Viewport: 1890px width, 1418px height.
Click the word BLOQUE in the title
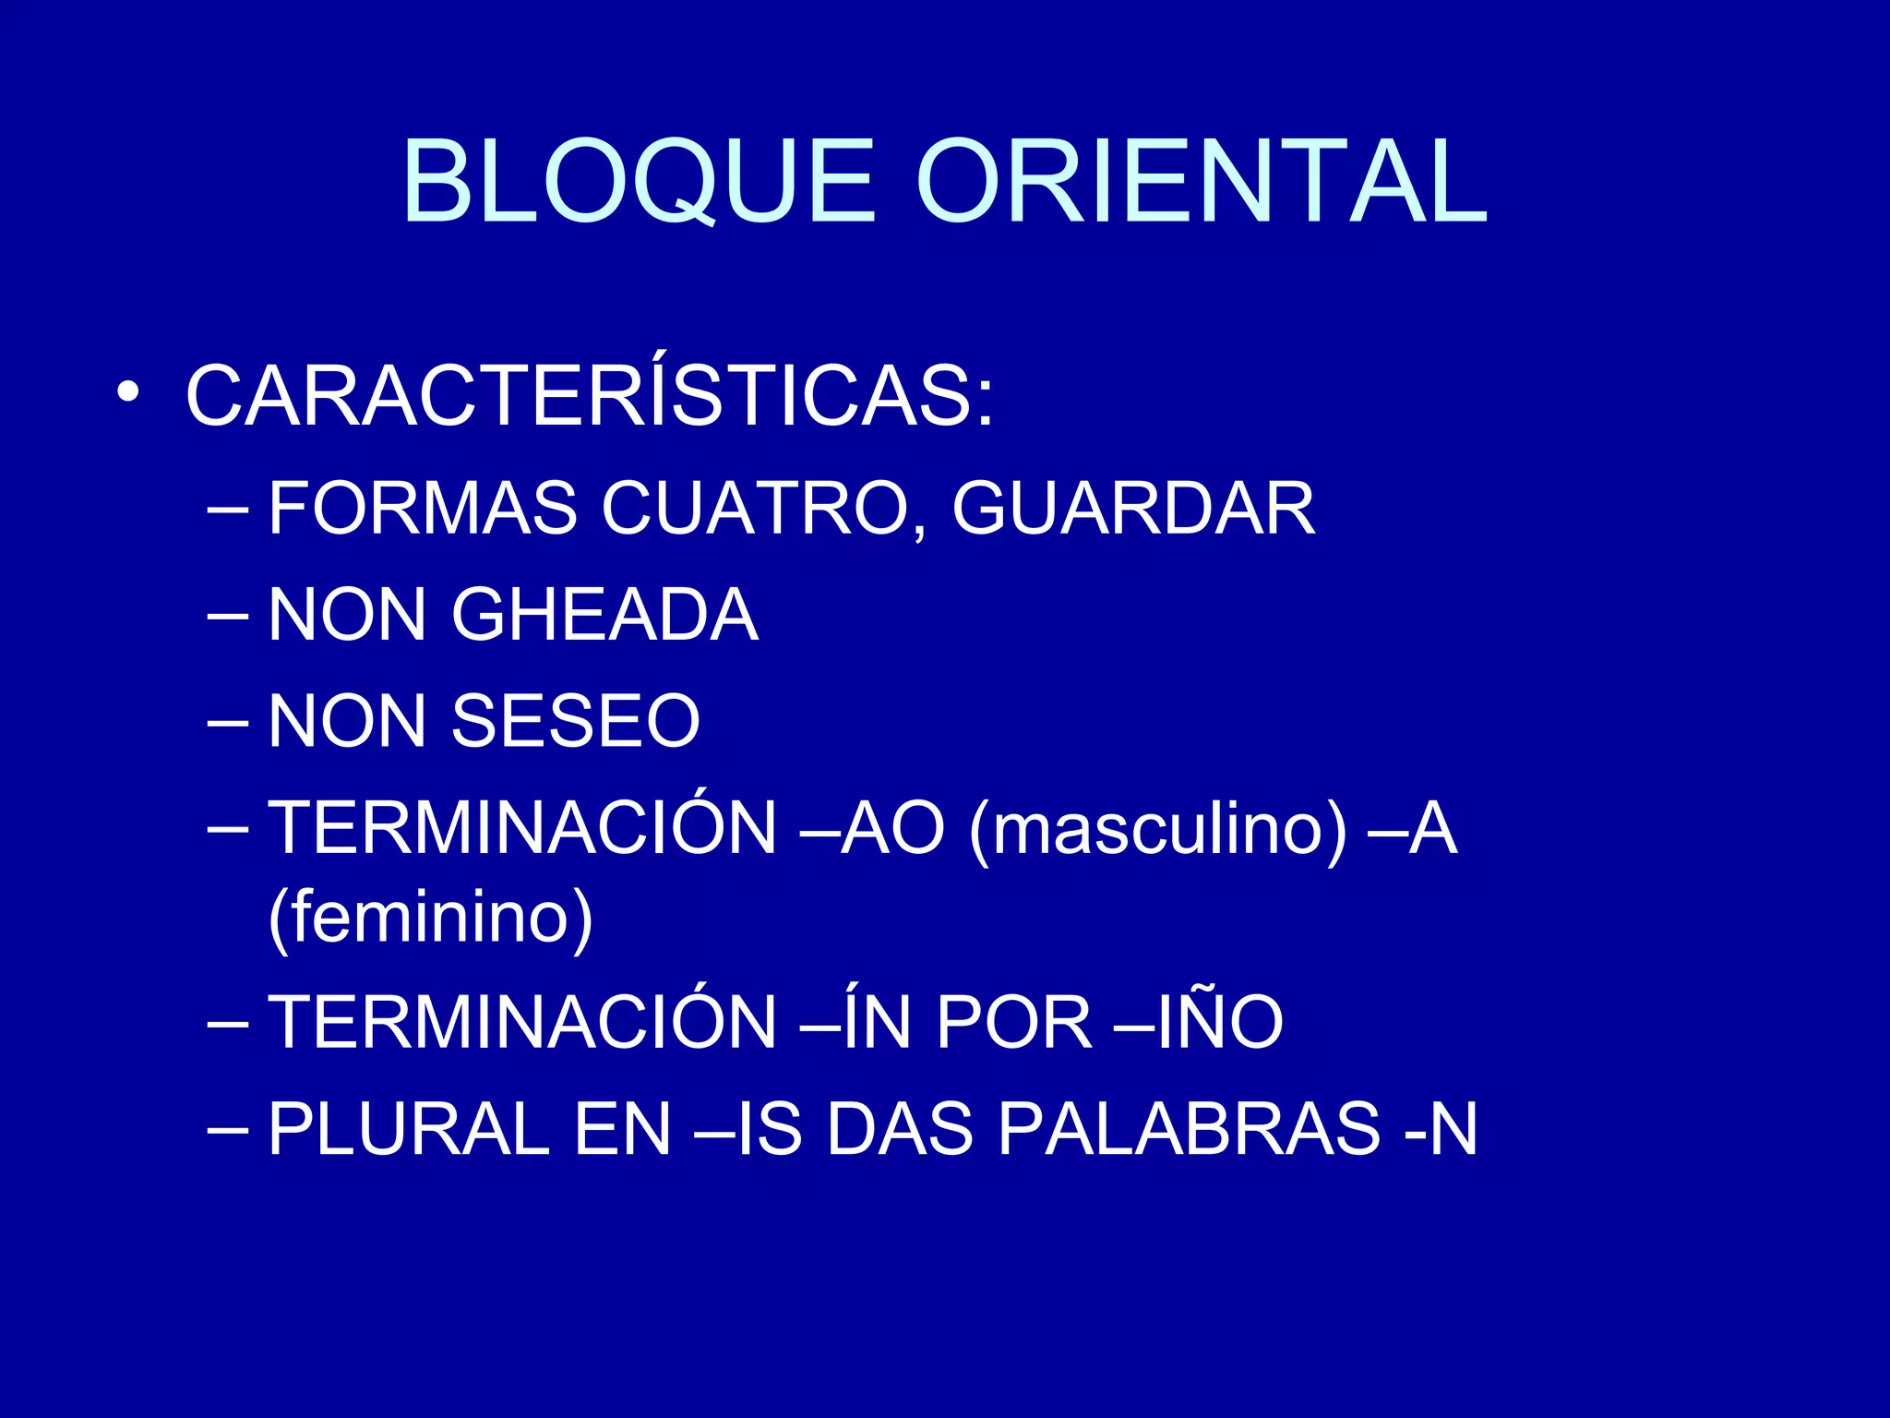click(638, 182)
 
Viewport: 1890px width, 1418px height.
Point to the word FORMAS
click(422, 508)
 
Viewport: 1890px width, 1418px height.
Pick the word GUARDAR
click(1133, 508)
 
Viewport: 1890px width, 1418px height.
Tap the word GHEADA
click(604, 615)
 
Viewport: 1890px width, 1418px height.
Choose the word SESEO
click(576, 721)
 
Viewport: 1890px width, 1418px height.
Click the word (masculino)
click(1158, 828)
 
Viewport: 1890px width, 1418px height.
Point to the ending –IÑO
click(1199, 1022)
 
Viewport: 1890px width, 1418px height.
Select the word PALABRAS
click(1189, 1128)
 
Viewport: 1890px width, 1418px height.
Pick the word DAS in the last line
click(900, 1128)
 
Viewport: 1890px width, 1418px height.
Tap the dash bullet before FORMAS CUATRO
click(228, 510)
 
